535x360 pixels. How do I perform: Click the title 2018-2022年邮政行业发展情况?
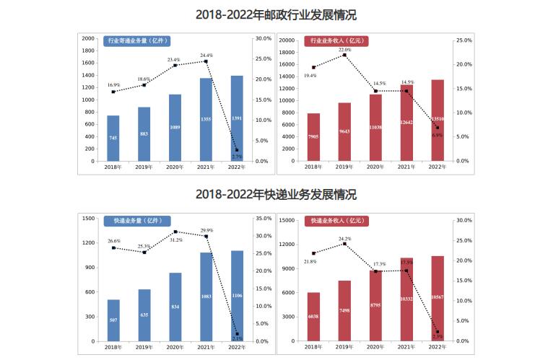(x=267, y=14)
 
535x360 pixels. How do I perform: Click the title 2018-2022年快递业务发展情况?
(x=267, y=195)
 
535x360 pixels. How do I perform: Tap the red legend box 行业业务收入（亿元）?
(x=336, y=41)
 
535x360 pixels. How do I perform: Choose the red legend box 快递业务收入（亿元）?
(x=336, y=220)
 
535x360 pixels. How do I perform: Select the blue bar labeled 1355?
(x=206, y=120)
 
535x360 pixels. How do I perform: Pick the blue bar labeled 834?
(x=175, y=307)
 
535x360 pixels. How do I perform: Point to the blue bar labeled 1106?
(x=237, y=296)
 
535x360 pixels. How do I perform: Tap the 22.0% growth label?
(x=344, y=50)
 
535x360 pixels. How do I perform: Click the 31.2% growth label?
(x=175, y=240)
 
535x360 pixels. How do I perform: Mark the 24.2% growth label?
(x=344, y=239)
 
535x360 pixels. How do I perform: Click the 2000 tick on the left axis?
(x=88, y=38)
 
